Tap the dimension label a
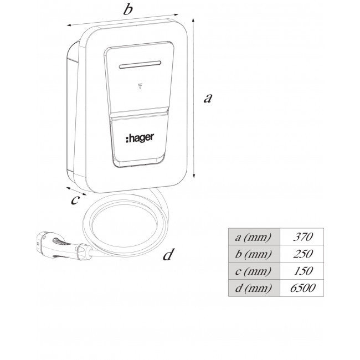point(208,99)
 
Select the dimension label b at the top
point(127,9)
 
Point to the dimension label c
point(75,199)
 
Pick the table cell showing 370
point(302,237)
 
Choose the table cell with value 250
point(302,254)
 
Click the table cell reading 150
point(302,271)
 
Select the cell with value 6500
point(302,289)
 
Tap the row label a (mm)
point(254,237)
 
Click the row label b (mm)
point(254,254)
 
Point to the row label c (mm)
point(254,271)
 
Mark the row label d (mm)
point(254,289)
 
